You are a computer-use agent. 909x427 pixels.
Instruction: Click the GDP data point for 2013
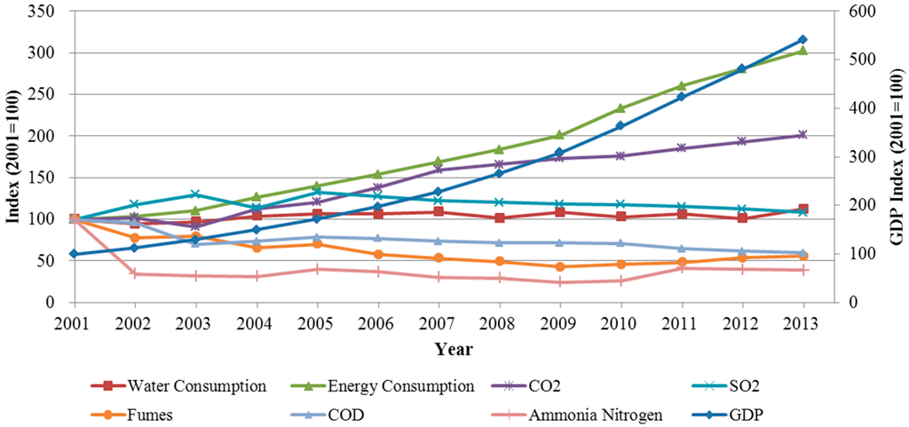click(802, 39)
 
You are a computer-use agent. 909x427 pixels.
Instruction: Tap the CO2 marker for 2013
click(802, 135)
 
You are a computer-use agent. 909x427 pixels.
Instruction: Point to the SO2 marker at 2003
click(194, 194)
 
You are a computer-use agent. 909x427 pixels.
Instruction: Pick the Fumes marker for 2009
click(559, 266)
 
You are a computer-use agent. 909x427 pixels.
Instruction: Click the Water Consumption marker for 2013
click(802, 209)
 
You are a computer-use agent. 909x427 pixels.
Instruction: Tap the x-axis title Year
click(454, 348)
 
